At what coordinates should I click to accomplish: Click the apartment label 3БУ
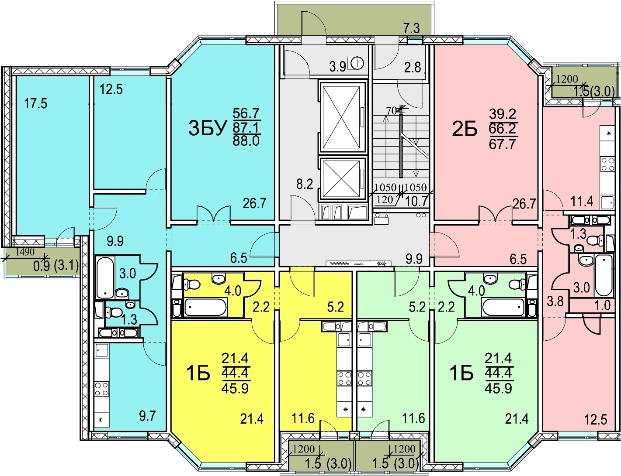[208, 128]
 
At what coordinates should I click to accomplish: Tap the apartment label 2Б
[465, 129]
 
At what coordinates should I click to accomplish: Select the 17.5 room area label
[35, 103]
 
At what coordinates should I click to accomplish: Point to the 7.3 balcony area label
[412, 29]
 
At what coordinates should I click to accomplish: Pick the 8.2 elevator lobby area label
[304, 185]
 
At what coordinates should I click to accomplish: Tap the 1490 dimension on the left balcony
[25, 252]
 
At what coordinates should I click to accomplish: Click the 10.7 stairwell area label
[416, 202]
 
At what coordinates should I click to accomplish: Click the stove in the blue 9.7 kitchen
[101, 389]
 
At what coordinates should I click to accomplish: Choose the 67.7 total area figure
[502, 144]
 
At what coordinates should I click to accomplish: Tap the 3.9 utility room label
[338, 67]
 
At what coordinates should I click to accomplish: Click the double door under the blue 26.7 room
[214, 215]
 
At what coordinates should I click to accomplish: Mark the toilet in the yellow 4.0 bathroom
[189, 284]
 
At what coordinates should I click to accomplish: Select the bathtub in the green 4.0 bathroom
[503, 307]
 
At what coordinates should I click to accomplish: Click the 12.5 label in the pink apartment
[596, 421]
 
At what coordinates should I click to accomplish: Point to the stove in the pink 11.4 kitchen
[607, 164]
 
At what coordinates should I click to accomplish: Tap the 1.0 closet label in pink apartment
[602, 305]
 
